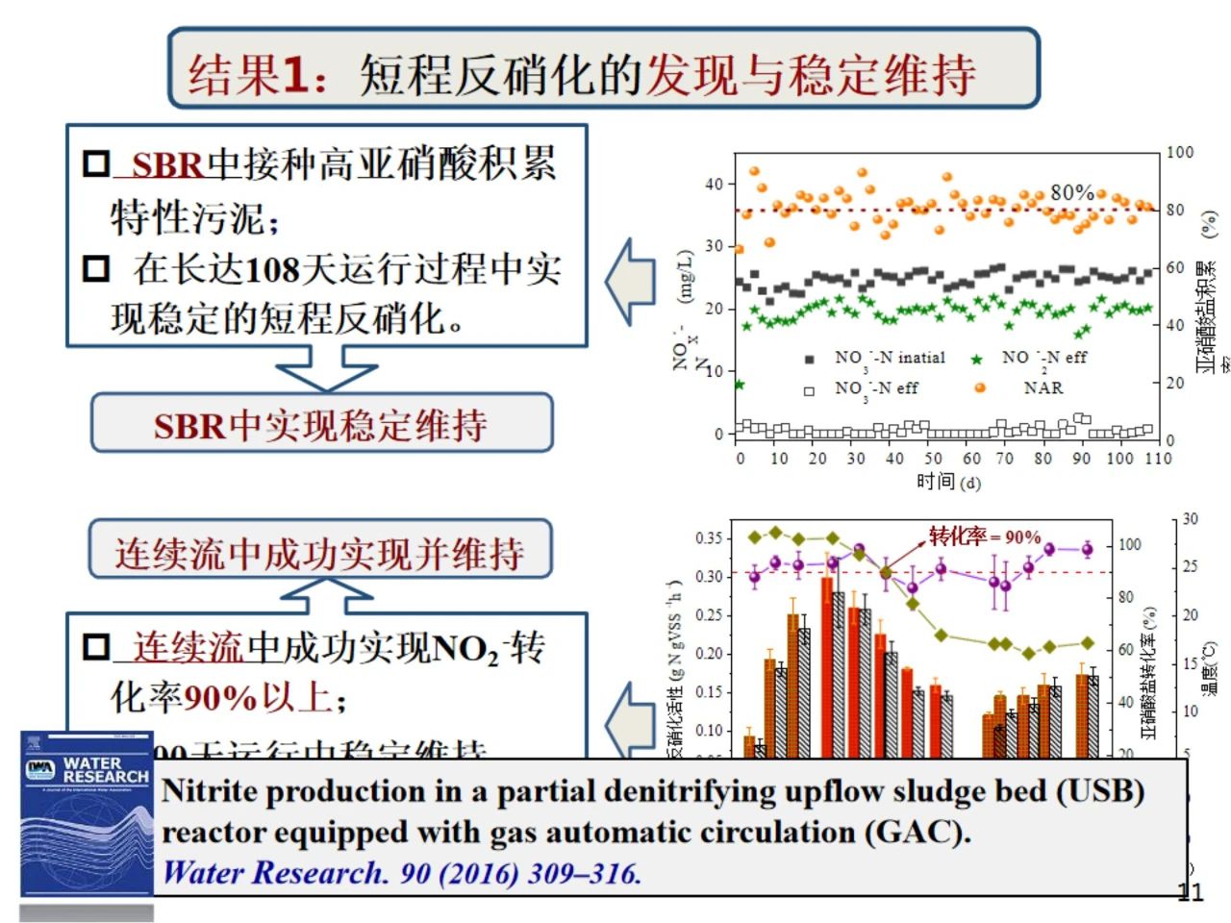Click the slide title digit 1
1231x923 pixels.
pos(295,74)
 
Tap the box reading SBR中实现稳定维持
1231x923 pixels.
pos(321,424)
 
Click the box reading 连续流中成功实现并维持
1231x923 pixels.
pos(319,552)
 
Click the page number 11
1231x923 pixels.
pos(1191,892)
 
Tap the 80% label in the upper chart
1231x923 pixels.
pos(1071,192)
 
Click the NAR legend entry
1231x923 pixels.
pos(1043,387)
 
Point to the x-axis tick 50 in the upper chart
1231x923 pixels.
pos(933,459)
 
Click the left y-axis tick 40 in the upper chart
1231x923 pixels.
pos(714,184)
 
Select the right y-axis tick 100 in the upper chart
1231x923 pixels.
pos(1180,152)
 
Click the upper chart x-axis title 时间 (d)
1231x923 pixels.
pos(948,481)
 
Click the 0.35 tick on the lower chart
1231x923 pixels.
pos(709,537)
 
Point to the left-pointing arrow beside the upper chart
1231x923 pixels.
pos(630,281)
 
